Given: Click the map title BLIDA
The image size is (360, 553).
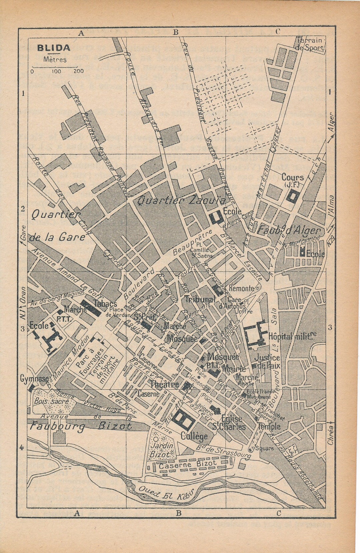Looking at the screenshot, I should (x=54, y=48).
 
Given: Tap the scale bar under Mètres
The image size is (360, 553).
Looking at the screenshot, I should (x=55, y=67).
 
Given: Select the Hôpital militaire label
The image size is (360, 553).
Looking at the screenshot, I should (x=292, y=336).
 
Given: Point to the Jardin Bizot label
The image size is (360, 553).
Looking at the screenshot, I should (x=162, y=449).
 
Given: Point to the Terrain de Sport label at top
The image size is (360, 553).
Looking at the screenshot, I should (x=310, y=44).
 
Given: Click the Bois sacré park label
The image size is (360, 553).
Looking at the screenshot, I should (x=51, y=401).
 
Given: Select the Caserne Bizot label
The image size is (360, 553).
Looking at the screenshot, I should (x=188, y=464).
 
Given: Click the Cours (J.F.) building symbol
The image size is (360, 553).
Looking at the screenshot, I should (x=293, y=196).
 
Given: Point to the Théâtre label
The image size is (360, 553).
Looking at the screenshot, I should (x=164, y=385).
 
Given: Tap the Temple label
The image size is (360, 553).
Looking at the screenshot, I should (x=269, y=426).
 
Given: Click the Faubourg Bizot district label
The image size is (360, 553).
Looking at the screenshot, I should (x=80, y=426).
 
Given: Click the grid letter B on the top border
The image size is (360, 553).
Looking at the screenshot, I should (x=176, y=32).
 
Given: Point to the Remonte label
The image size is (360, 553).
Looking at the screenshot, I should (x=241, y=288).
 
